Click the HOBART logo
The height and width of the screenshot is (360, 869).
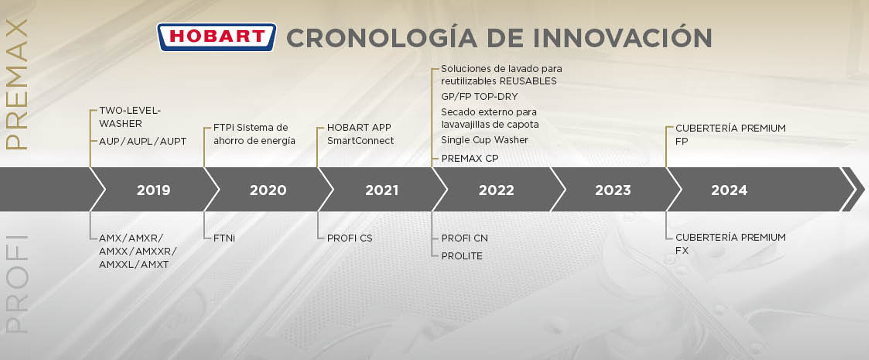tap(216, 37)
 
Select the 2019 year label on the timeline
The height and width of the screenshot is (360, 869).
tap(153, 190)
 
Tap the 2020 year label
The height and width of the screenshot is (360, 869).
tap(268, 190)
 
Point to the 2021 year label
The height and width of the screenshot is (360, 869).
tap(382, 190)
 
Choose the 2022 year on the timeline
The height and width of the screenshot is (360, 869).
tap(497, 190)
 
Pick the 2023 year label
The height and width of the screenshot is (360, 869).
tap(613, 190)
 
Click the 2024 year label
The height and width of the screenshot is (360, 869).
tap(729, 190)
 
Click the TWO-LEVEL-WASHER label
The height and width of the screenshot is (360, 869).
tap(130, 117)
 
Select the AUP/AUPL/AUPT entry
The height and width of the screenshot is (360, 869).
tap(143, 141)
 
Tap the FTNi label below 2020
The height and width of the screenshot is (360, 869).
tap(224, 238)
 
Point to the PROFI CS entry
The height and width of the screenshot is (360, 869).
tap(350, 238)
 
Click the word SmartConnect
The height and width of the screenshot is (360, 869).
tap(360, 140)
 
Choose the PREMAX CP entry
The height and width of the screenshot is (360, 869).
tap(470, 158)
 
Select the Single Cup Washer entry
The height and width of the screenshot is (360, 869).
tap(485, 140)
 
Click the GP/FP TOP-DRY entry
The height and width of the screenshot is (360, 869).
tap(479, 96)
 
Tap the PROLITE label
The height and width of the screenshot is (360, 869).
tap(462, 256)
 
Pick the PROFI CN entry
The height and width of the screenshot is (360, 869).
tap(465, 238)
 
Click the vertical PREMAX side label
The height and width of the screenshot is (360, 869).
tap(17, 84)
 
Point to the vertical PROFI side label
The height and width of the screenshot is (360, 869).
tap(17, 284)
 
